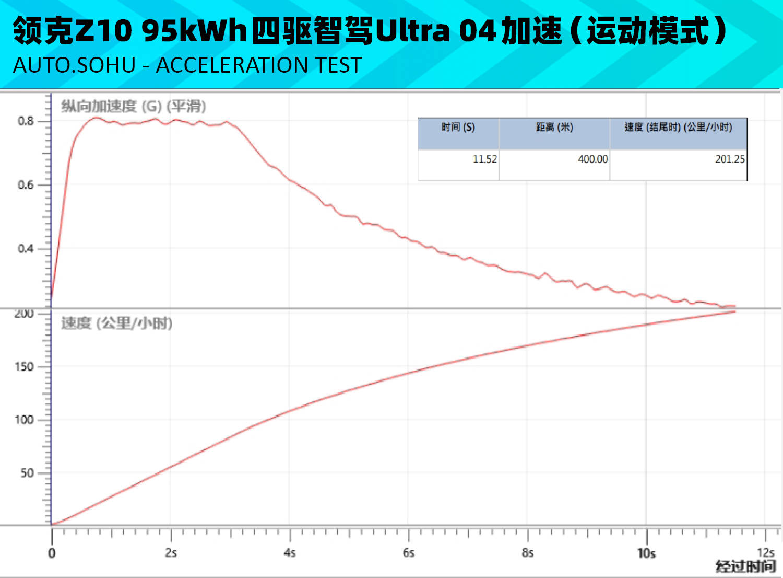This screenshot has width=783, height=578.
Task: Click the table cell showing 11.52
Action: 484,159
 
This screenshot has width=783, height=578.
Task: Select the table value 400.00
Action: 592,159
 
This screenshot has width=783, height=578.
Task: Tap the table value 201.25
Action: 729,159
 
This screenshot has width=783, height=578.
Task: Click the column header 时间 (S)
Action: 458,127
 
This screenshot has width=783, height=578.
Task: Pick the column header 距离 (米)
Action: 554,127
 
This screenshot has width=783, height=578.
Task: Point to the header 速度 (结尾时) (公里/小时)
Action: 678,127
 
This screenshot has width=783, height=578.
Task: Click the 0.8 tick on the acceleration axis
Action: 25,121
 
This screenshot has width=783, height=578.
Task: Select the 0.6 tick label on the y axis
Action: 25,185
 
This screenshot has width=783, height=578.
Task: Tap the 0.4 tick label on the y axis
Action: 25,249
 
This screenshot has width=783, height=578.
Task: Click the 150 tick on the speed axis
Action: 24,367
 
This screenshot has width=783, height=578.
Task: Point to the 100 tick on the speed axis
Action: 24,420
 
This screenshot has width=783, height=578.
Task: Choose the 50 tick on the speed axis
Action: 27,473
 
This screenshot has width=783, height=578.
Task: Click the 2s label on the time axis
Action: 171,553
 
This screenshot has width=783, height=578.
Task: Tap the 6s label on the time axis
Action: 409,553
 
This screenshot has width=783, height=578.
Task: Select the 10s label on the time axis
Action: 646,553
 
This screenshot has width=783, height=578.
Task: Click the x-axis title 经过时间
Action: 745,567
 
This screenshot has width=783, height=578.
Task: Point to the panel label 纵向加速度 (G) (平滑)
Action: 134,106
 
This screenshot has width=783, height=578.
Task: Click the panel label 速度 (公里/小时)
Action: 116,323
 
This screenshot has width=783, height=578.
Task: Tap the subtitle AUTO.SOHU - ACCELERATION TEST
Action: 187,65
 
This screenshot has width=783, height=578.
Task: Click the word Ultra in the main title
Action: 412,31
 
